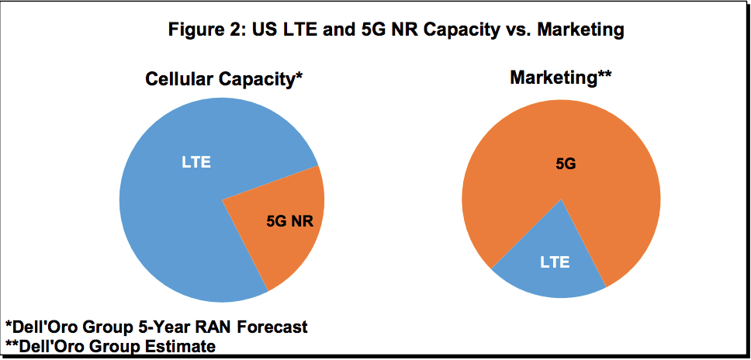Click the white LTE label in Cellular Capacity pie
[196, 163]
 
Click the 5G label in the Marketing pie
[566, 164]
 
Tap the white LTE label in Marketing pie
[555, 262]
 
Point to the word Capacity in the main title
[440, 30]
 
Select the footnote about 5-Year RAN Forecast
[156, 327]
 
